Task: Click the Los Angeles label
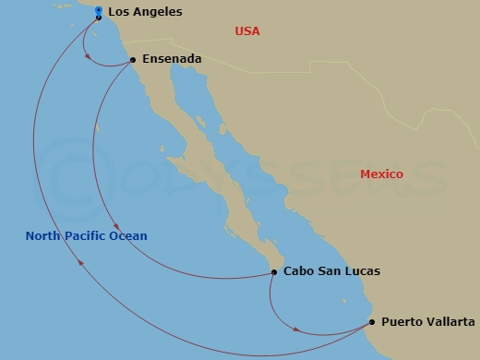145,13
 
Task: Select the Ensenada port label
172,59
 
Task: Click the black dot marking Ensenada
133,60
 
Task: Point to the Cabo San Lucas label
331,271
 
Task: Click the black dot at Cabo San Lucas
274,271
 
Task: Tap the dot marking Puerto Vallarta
372,322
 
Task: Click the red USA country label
247,31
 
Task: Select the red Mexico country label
381,174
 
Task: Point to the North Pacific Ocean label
87,236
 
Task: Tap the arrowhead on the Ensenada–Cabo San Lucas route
114,231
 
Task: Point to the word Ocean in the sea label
130,236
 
